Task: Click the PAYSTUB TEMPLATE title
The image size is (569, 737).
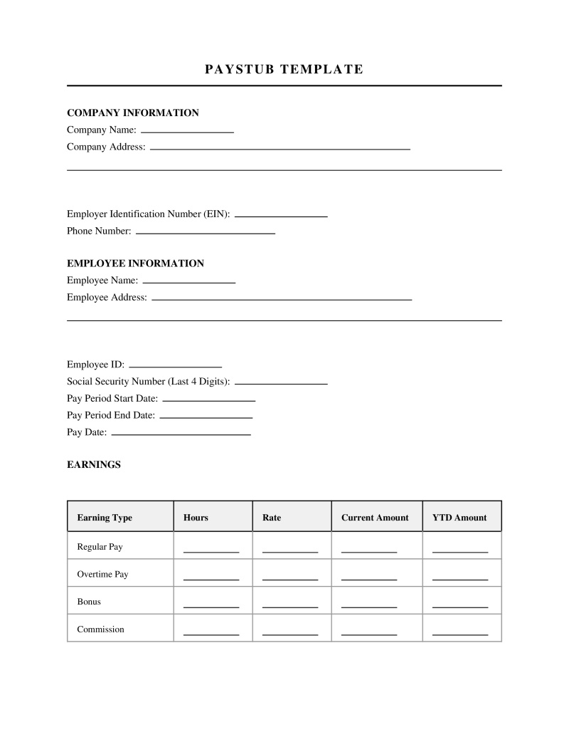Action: [x=284, y=69]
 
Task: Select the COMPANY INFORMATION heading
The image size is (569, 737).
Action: [x=132, y=113]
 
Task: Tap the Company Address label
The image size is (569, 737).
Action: [x=106, y=147]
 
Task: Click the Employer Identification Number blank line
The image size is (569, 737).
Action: [x=281, y=215]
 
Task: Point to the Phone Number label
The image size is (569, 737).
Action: [x=99, y=231]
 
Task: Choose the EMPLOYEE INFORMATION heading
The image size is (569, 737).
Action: [x=135, y=263]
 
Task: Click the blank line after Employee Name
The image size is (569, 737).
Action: [x=188, y=282]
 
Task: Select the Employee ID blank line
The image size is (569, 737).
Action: [x=175, y=366]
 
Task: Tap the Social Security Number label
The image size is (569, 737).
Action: [x=148, y=382]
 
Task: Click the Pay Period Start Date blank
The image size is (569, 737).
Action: [x=208, y=400]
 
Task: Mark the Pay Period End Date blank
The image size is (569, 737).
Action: [x=206, y=417]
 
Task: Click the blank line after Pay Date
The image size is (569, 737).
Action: [x=181, y=434]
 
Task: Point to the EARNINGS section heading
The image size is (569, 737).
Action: [x=94, y=465]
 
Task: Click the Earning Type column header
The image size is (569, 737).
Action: [x=105, y=518]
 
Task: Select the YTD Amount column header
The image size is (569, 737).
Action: [x=459, y=518]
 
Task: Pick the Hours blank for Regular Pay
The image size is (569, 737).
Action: [x=211, y=550]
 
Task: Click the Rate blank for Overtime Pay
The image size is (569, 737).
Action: [x=290, y=578]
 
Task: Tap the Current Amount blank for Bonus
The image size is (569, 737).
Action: [x=369, y=606]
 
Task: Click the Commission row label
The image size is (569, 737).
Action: [x=100, y=629]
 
